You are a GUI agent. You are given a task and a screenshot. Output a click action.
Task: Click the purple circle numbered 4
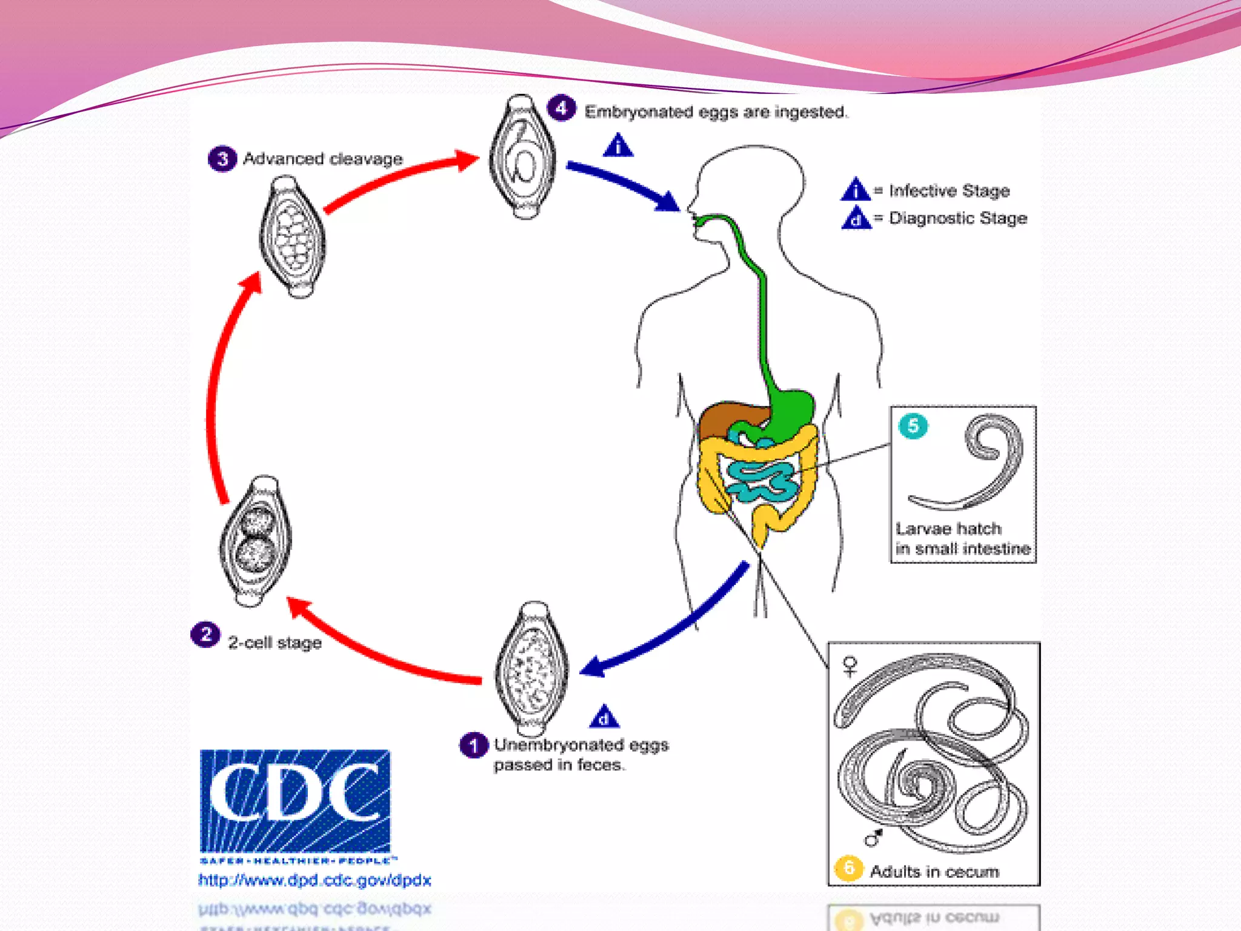click(561, 108)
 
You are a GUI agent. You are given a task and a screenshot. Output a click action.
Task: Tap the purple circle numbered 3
click(222, 159)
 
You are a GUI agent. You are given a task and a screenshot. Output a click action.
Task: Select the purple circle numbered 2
click(205, 635)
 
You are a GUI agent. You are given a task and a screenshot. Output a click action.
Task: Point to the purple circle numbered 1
click(473, 745)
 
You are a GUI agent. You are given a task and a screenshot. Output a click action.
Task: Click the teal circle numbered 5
click(913, 426)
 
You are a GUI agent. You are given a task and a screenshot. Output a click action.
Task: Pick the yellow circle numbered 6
click(848, 869)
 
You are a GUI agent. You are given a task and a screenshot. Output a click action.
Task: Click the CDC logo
click(295, 801)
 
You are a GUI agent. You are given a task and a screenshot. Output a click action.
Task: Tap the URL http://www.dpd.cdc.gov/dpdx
click(314, 880)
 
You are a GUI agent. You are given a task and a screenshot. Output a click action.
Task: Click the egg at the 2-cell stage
click(255, 541)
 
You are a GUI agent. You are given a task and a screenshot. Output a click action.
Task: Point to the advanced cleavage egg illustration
click(293, 237)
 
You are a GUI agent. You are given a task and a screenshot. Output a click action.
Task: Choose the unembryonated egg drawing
click(531, 669)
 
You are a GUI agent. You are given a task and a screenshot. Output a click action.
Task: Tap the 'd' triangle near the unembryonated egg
click(604, 718)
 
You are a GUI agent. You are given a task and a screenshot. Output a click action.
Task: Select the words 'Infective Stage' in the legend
click(949, 191)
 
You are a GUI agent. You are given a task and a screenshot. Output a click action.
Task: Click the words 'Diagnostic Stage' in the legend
click(957, 218)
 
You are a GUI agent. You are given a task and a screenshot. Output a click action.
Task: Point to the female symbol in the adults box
click(851, 666)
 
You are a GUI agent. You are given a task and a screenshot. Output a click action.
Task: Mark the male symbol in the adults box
click(873, 838)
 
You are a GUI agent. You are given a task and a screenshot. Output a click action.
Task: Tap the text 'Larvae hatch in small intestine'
click(962, 539)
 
